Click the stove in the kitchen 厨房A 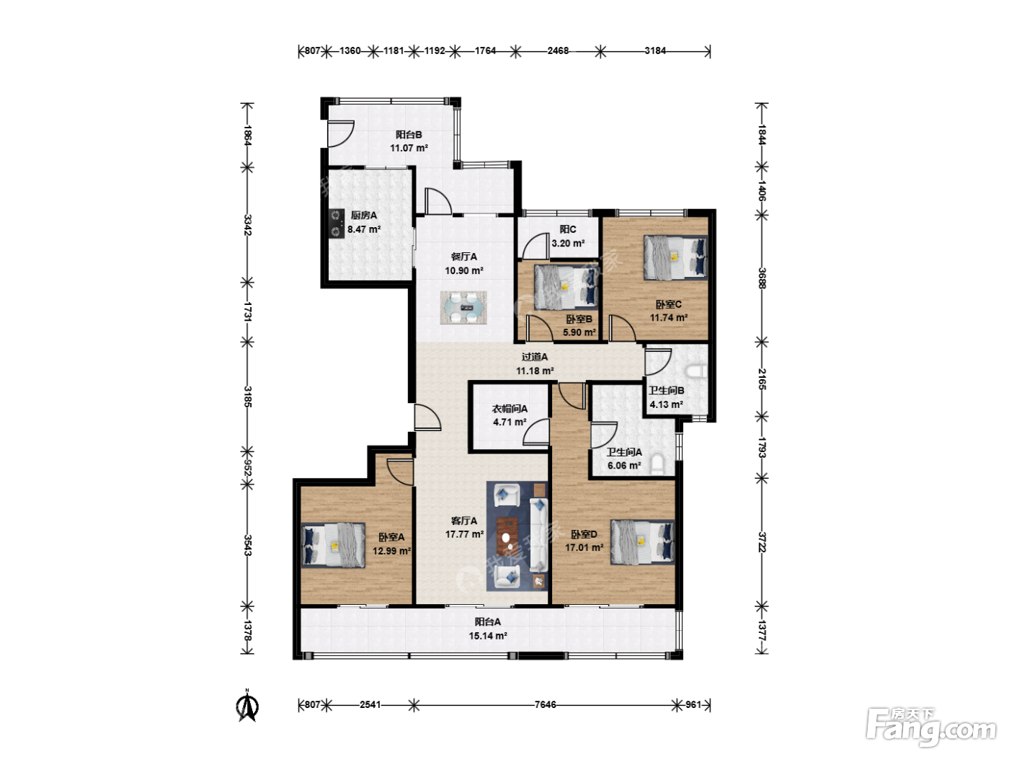coord(337,223)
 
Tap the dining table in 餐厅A coord(463,308)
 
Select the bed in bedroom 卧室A coord(333,545)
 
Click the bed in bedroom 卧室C coord(675,257)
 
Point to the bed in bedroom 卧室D coord(643,542)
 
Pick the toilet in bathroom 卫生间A coord(658,464)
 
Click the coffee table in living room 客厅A coord(507,536)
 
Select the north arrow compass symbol coord(247,706)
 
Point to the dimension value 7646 coord(545,704)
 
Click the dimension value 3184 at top coord(655,50)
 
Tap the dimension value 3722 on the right coord(762,542)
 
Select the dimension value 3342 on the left coord(247,225)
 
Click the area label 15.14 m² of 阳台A coord(488,636)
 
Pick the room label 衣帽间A coord(510,409)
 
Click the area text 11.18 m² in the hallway coord(535,371)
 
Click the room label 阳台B coord(409,135)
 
